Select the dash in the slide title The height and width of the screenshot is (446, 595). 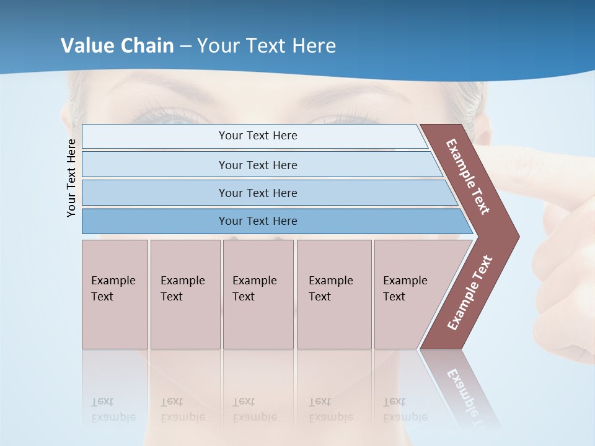(185, 46)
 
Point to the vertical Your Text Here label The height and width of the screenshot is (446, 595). (72, 178)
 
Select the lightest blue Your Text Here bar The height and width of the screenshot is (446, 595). (258, 136)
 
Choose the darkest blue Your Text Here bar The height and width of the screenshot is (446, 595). (258, 221)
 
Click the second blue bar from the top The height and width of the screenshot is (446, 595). (258, 165)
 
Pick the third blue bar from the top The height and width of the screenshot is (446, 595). (258, 193)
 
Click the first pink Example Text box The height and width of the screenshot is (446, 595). (115, 294)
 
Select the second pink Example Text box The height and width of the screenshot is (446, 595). (185, 294)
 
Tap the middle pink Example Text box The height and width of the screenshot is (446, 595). (258, 294)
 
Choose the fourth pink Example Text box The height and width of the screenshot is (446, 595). (334, 294)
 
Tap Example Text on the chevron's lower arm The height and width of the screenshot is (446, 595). (469, 293)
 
